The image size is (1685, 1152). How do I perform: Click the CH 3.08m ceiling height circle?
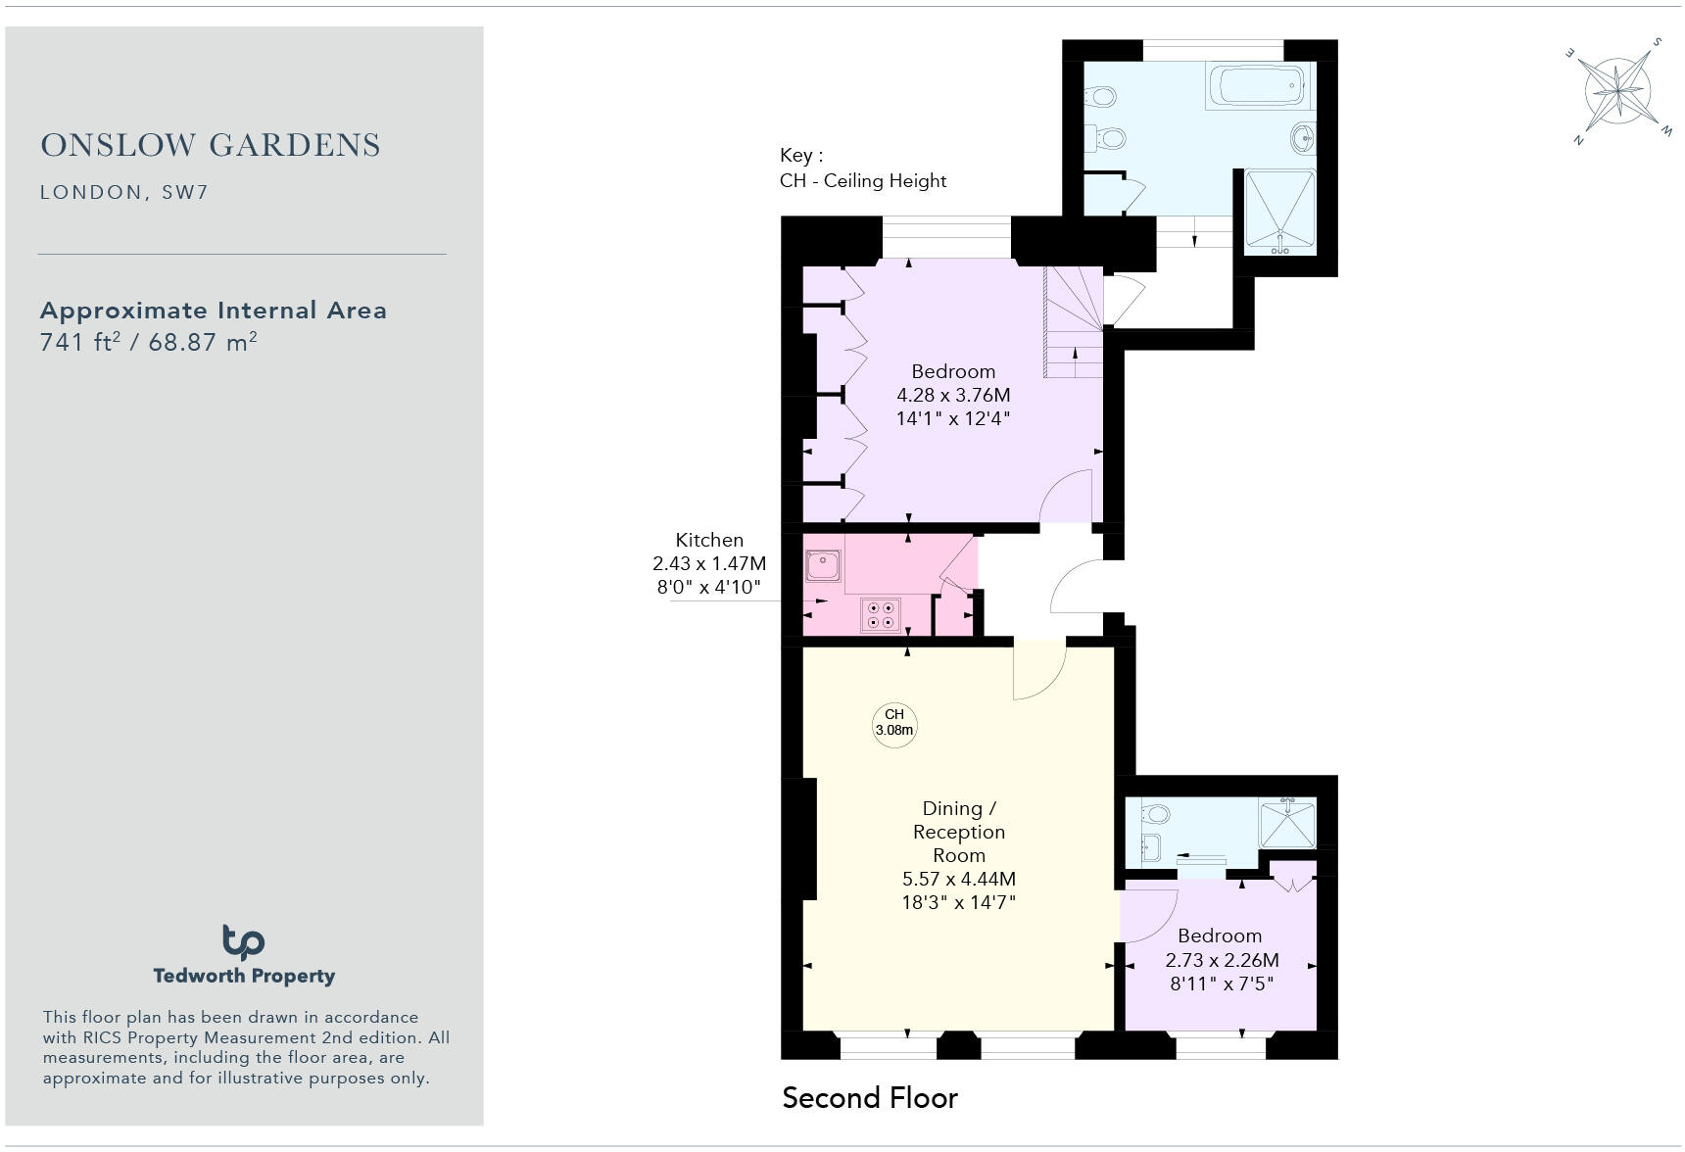point(894,723)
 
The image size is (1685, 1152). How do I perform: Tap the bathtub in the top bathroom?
point(1258,85)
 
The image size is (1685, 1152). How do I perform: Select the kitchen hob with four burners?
point(880,615)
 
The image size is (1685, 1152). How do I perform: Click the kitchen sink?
point(822,565)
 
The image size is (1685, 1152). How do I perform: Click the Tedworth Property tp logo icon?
point(243,942)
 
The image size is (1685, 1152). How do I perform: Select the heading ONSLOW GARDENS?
point(211,145)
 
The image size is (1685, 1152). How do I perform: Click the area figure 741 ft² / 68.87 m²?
point(148,342)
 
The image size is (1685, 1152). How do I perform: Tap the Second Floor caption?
point(869,1097)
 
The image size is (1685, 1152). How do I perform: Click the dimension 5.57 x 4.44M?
point(958,879)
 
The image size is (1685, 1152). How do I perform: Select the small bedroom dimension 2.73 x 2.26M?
point(1221,960)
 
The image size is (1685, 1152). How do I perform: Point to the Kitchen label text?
point(709,540)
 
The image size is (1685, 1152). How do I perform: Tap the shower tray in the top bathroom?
point(1279,212)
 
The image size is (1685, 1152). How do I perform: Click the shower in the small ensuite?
point(1287,823)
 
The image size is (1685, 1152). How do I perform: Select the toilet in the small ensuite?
point(1155,814)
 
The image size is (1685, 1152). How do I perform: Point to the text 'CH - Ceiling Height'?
point(862,180)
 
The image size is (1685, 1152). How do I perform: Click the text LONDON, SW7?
point(123,192)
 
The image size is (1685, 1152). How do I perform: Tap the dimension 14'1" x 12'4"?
point(952,419)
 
